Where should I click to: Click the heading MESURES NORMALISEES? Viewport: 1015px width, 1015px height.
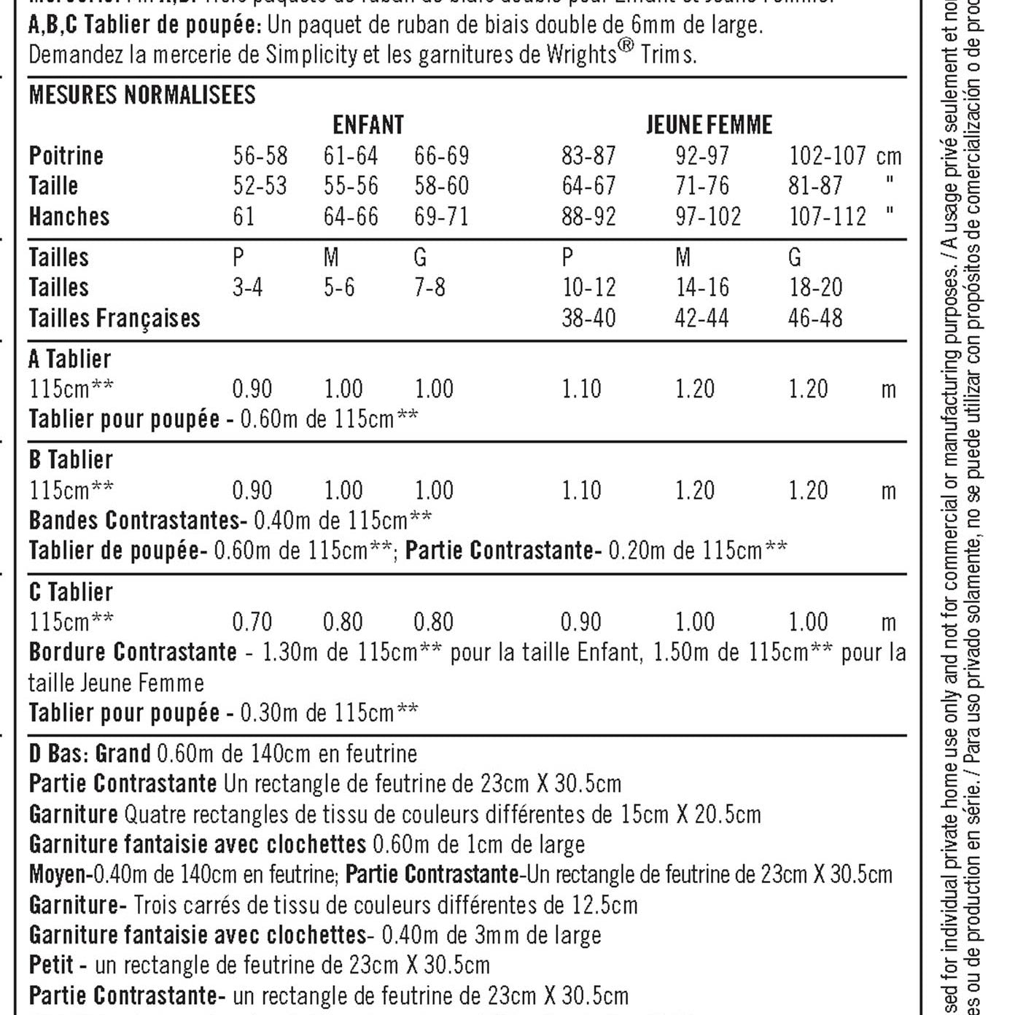(142, 95)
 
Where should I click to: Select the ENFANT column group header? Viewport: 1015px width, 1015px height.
(368, 125)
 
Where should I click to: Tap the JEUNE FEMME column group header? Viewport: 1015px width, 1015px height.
(709, 125)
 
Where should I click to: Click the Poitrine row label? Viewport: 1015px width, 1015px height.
(66, 155)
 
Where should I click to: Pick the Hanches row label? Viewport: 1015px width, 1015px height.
(69, 217)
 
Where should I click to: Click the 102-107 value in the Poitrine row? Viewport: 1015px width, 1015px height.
(828, 155)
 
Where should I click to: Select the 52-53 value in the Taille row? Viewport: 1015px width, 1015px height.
(260, 186)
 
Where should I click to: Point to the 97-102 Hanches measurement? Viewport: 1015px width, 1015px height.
(708, 217)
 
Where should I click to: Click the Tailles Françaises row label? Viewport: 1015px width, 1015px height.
(114, 319)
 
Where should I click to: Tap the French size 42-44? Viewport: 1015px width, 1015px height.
(701, 319)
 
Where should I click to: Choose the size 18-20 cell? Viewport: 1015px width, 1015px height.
(815, 287)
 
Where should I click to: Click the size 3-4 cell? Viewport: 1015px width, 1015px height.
(247, 287)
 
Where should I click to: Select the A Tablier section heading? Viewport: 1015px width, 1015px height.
(70, 359)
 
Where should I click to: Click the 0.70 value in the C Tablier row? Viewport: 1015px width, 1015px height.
(252, 622)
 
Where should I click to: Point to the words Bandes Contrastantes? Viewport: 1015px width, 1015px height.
(134, 520)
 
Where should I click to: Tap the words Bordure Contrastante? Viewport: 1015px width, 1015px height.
(133, 652)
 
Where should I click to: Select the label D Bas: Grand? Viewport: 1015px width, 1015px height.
(90, 753)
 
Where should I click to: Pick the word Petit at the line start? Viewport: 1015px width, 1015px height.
(51, 965)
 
